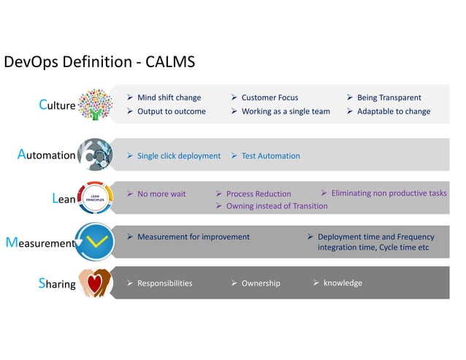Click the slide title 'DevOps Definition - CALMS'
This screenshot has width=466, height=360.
click(100, 62)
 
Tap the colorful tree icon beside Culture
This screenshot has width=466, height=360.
click(95, 104)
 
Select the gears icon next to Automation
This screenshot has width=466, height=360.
click(96, 155)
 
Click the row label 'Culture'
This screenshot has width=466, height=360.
click(57, 105)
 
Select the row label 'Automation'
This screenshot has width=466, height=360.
click(46, 155)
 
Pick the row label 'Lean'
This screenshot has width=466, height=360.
click(64, 198)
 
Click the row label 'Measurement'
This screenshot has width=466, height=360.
click(40, 242)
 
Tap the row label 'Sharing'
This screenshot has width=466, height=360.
click(57, 284)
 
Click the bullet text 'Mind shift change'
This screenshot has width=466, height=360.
click(169, 97)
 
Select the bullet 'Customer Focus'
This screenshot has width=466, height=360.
click(270, 97)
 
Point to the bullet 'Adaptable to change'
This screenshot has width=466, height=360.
click(394, 112)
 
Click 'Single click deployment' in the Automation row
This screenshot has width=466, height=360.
click(178, 156)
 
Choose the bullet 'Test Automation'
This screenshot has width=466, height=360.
click(270, 156)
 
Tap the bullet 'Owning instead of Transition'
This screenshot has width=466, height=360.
click(277, 206)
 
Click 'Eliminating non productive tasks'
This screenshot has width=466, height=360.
click(389, 194)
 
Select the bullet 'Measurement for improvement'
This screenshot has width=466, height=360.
click(193, 237)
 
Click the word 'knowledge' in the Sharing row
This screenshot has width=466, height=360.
click(343, 283)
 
